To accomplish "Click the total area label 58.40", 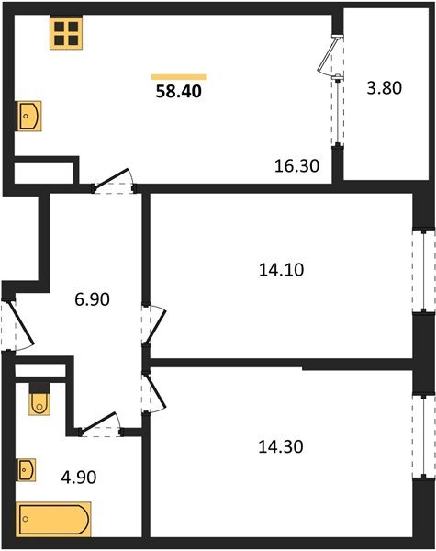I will pyautogui.click(x=179, y=91).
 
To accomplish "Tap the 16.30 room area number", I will pyautogui.click(x=296, y=165).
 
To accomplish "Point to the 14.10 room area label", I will pyautogui.click(x=283, y=270).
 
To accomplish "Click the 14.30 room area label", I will pyautogui.click(x=283, y=447).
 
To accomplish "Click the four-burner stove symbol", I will pyautogui.click(x=65, y=34).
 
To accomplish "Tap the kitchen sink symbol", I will pyautogui.click(x=28, y=117).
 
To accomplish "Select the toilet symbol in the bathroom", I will pyautogui.click(x=40, y=399).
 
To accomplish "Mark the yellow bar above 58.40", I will pyautogui.click(x=179, y=76).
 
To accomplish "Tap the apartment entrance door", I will pyautogui.click(x=14, y=326).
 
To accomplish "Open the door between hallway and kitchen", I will pyautogui.click(x=114, y=183).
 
